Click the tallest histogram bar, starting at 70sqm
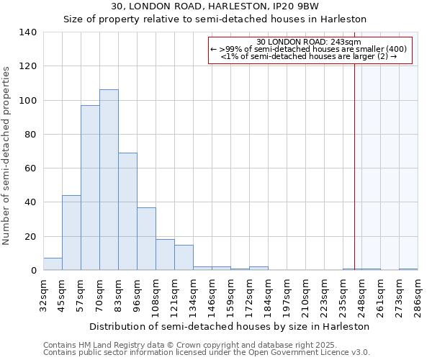tap(109, 180)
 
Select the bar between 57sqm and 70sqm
tap(90, 187)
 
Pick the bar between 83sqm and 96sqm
tap(127, 212)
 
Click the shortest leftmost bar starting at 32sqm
tap(53, 264)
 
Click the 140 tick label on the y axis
tap(28, 32)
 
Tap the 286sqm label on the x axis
tap(418, 294)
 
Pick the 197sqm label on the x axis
tap(287, 294)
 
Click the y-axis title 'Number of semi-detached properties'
tap(7, 156)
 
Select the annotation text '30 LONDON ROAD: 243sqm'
tap(309, 41)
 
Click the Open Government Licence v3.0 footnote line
tap(206, 353)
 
